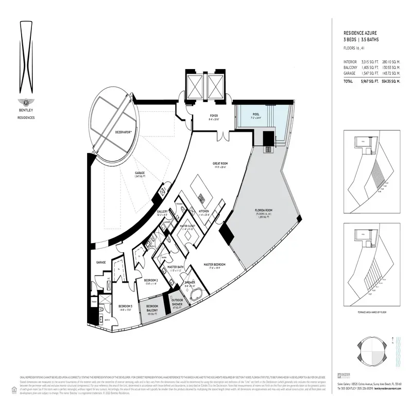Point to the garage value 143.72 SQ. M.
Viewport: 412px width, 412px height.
(x=390, y=74)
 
